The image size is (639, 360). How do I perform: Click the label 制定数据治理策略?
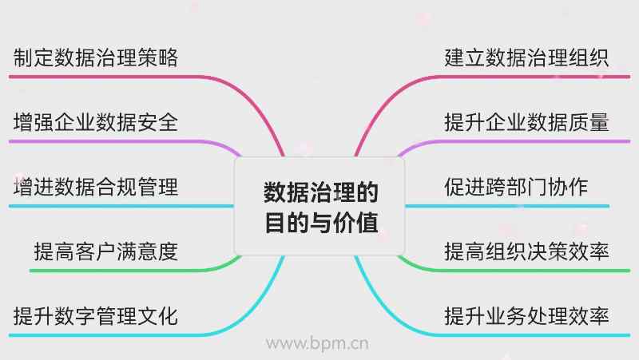[x=96, y=58]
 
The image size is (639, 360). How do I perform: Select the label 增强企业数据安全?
[x=96, y=123]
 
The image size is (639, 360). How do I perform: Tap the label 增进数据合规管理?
[x=96, y=188]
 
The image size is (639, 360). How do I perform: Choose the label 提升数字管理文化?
[x=96, y=316]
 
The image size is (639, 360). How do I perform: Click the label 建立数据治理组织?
[x=527, y=58]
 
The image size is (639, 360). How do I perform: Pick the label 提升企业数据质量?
[x=527, y=123]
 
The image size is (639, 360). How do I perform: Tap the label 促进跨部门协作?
[x=517, y=188]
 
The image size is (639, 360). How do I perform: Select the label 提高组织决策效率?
[x=527, y=252]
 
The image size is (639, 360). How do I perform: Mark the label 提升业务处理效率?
[x=527, y=316]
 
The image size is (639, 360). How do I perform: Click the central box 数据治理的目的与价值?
[x=319, y=206]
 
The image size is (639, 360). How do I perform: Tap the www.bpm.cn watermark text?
[x=317, y=344]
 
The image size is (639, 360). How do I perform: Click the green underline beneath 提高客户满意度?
[x=120, y=271]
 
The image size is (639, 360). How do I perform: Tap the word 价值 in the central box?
[x=359, y=221]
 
